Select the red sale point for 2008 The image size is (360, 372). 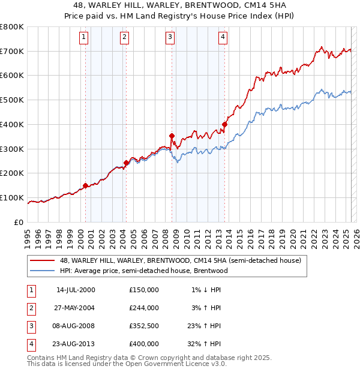point(172,136)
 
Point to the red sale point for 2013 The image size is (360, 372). point(224,124)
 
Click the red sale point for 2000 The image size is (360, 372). point(85,185)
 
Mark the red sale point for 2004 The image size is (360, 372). point(126,163)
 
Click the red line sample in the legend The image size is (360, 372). point(43,260)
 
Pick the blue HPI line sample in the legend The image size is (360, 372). point(43,271)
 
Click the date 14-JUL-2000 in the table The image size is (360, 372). point(76,290)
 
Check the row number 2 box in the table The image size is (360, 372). point(31,308)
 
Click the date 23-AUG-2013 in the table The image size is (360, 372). point(76,344)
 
